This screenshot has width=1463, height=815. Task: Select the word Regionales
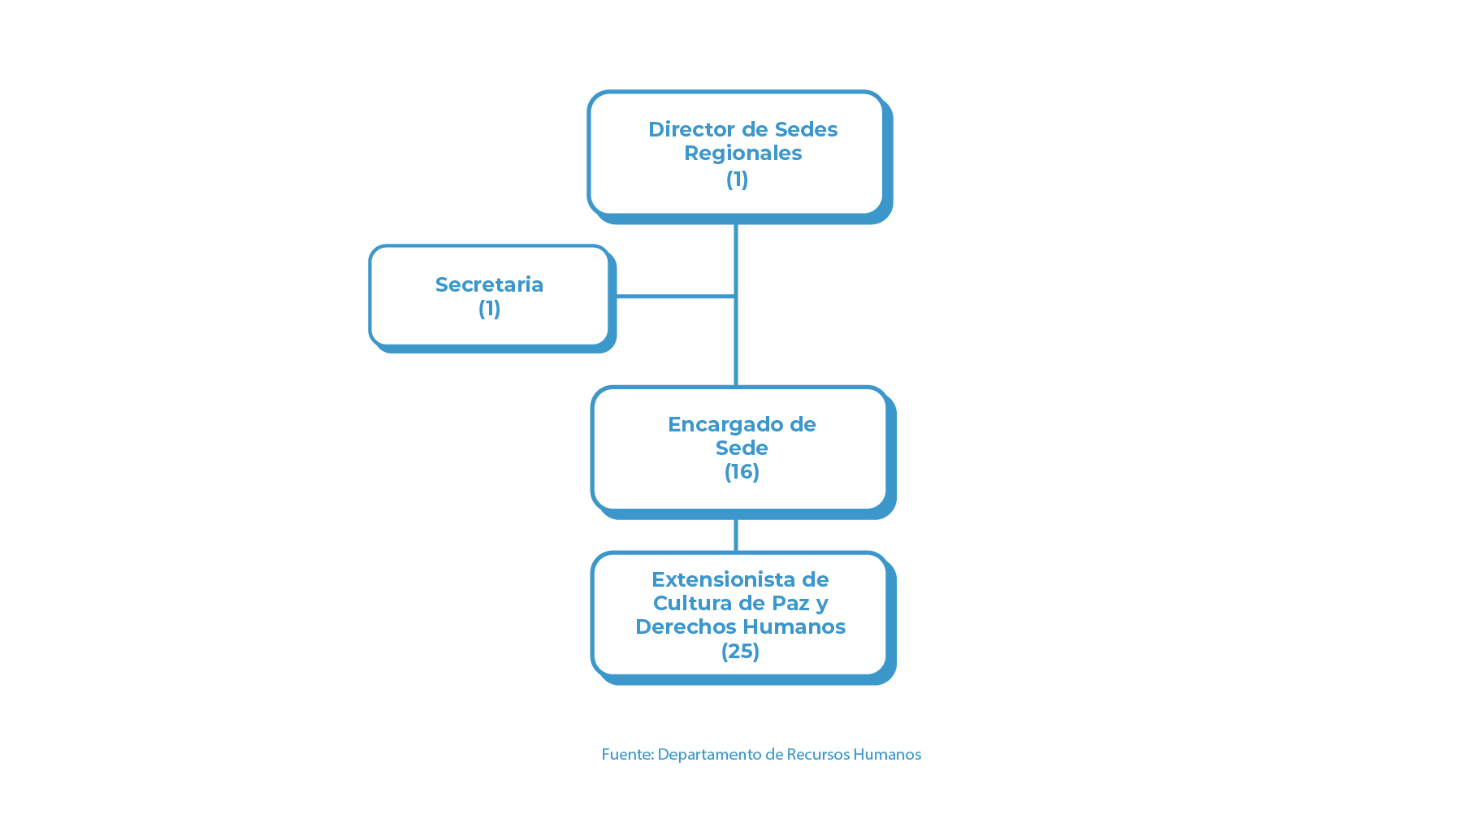742,154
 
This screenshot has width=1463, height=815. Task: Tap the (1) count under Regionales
737,179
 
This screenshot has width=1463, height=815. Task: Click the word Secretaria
489,284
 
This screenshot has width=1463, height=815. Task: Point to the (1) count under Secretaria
489,309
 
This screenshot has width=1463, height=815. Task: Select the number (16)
742,472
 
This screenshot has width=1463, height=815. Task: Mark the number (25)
740,651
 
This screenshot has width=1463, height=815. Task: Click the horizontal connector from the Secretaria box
675,297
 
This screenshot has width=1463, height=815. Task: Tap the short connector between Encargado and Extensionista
736,535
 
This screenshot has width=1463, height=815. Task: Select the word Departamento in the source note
709,755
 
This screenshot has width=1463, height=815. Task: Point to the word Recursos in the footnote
818,754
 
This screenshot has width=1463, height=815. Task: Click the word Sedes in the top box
806,129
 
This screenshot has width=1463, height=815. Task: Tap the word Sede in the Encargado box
742,448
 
